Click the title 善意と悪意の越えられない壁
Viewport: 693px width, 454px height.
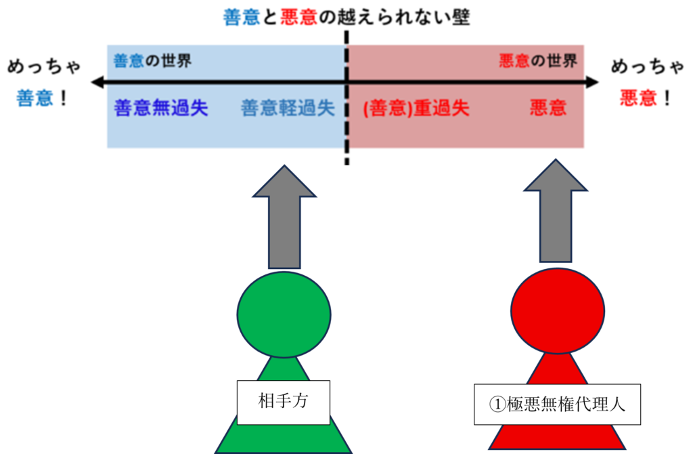point(346,17)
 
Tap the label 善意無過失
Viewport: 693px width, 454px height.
point(161,108)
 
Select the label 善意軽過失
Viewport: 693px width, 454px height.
point(288,108)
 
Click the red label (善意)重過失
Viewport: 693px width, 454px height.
point(416,108)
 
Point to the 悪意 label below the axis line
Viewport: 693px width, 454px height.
point(548,108)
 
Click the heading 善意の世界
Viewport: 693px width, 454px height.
point(152,61)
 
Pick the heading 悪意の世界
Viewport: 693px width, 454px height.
point(538,61)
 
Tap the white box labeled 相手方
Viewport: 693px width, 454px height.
point(284,402)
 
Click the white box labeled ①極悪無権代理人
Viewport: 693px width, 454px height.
point(557,405)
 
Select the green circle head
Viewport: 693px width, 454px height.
point(284,314)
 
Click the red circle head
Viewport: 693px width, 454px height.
point(557,310)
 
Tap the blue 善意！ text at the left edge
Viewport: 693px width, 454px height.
point(42,99)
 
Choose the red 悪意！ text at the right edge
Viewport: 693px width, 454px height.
point(646,99)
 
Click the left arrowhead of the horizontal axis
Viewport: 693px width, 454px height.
point(97,83)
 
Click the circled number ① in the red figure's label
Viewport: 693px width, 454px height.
point(496,405)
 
